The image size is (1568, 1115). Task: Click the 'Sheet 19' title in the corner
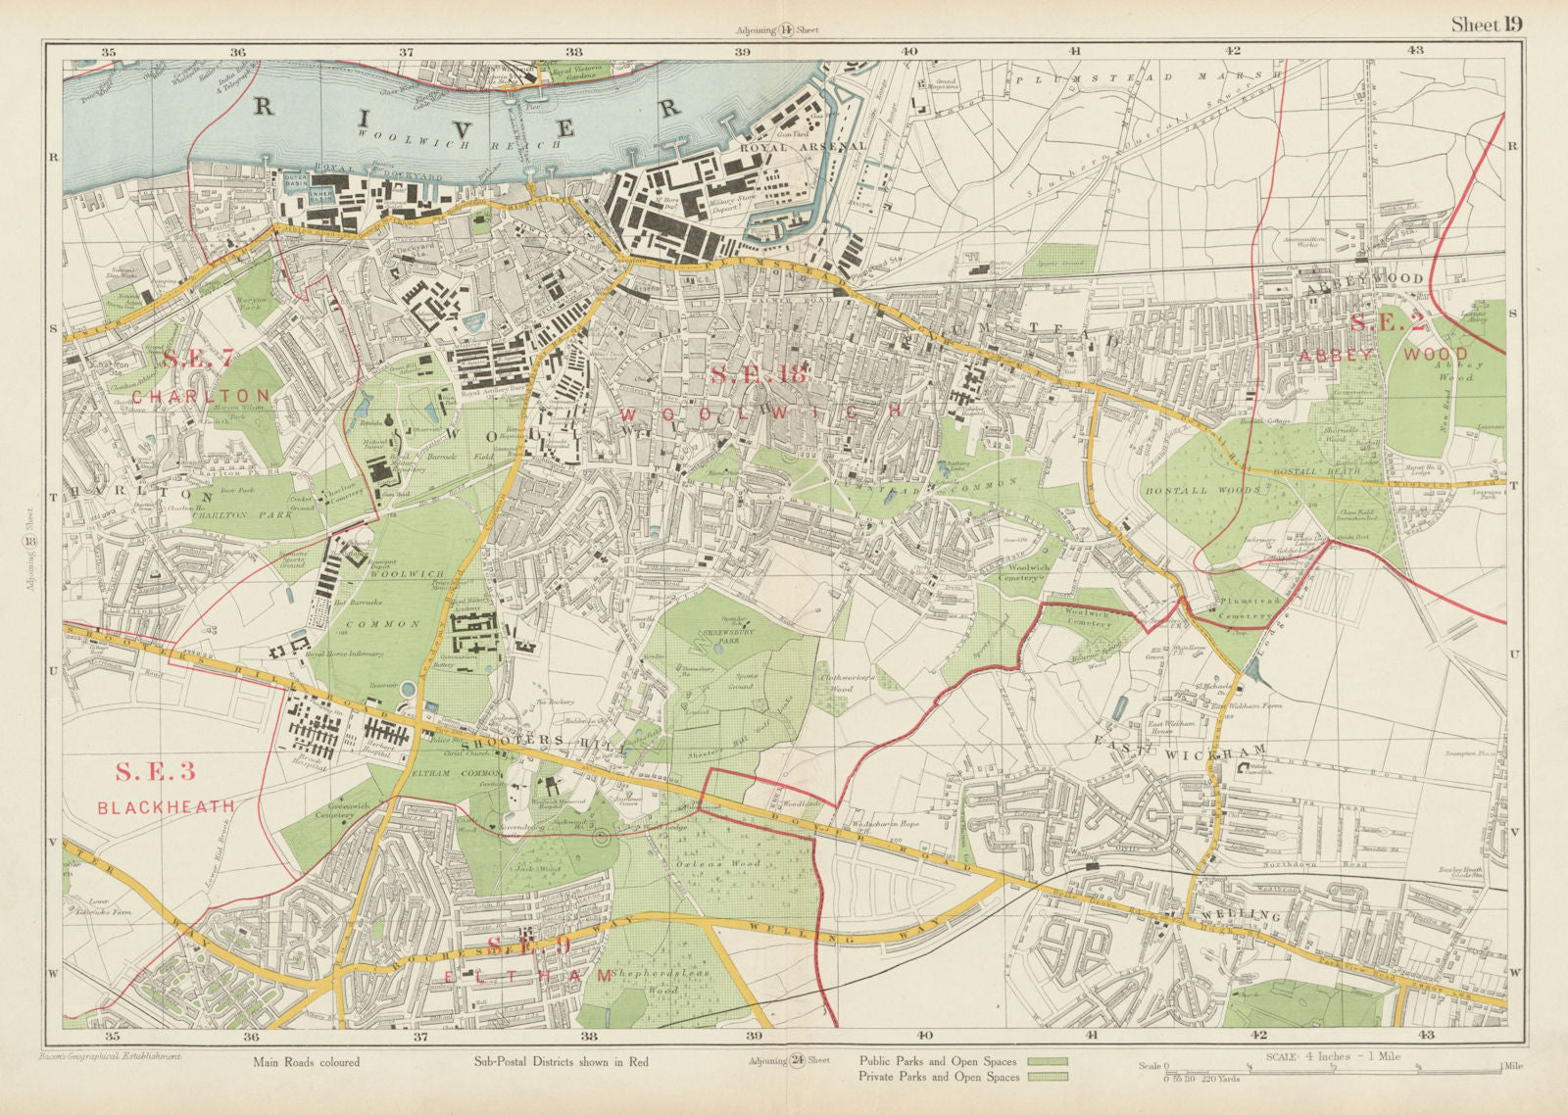1487,24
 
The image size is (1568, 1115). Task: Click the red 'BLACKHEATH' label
166,806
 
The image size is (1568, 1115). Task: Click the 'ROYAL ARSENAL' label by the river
803,146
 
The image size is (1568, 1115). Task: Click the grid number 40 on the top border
908,51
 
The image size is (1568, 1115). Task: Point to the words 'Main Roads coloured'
306,1062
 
